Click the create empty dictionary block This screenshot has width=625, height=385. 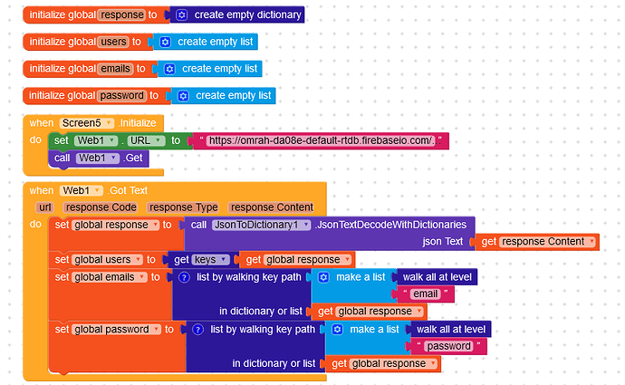click(x=236, y=14)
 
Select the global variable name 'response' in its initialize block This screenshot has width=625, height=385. click(x=122, y=14)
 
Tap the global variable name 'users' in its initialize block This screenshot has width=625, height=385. click(x=113, y=42)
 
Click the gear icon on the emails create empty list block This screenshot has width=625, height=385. click(x=169, y=69)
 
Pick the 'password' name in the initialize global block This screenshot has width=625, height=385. click(x=121, y=96)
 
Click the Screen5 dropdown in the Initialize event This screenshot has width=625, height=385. click(x=87, y=123)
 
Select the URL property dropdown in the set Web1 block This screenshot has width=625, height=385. click(x=146, y=140)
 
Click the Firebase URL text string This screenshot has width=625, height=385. click(x=321, y=140)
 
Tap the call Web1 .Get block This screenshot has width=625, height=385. click(x=98, y=159)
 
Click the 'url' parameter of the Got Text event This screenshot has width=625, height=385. click(x=45, y=207)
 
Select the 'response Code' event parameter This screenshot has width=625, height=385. click(x=101, y=207)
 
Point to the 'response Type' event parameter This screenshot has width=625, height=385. click(x=183, y=207)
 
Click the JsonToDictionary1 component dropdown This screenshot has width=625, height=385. click(x=261, y=225)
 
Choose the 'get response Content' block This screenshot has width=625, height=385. click(x=537, y=242)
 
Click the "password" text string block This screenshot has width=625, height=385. click(x=448, y=346)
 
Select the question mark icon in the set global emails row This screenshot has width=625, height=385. click(x=184, y=277)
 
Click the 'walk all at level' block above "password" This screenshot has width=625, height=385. click(x=451, y=329)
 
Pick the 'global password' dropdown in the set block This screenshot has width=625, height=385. click(x=116, y=329)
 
